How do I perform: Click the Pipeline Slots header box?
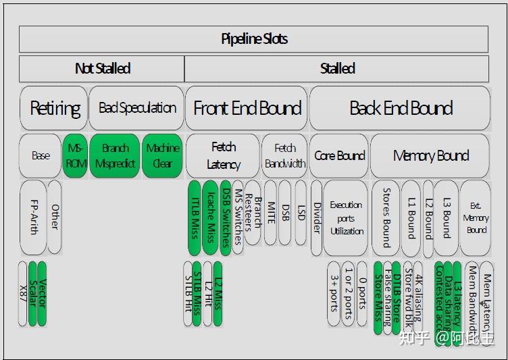(254, 39)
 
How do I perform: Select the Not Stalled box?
(102, 68)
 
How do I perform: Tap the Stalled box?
(336, 68)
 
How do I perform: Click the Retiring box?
(54, 108)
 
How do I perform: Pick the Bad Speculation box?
(136, 108)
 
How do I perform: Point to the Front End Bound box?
(247, 108)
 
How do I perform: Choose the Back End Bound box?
(400, 108)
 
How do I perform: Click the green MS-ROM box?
(75, 156)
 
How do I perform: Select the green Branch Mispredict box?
(115, 156)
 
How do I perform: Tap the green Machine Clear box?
(162, 156)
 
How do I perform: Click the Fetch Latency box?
(223, 156)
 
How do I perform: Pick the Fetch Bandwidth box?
(284, 156)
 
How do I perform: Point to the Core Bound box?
(339, 156)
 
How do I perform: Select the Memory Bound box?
(430, 156)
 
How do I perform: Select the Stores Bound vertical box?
(386, 216)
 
